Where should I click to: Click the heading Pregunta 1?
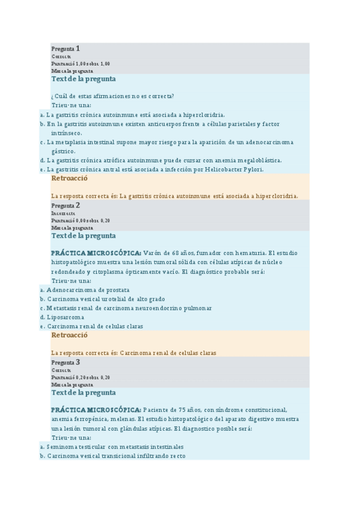(x=66, y=48)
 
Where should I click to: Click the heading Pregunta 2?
(x=66, y=206)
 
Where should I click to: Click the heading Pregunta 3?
(x=66, y=363)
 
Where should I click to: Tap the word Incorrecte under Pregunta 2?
(x=63, y=214)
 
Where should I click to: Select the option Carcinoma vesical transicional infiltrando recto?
(x=116, y=456)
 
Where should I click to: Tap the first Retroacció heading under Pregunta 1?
(x=70, y=179)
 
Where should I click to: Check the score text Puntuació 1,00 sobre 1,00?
(x=81, y=64)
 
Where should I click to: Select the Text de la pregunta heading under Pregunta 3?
(x=84, y=392)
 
